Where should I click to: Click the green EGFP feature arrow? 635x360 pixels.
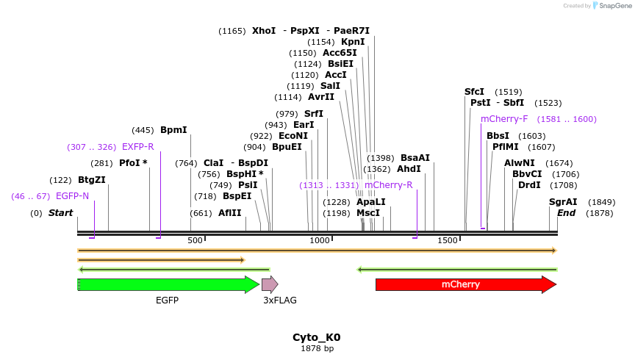click(x=168, y=284)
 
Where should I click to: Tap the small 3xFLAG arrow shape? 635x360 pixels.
click(x=270, y=284)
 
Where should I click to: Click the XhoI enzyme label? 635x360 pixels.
click(x=264, y=31)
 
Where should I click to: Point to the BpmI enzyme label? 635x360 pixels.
click(x=173, y=130)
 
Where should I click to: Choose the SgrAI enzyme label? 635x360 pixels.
click(x=563, y=202)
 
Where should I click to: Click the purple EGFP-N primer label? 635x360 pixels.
click(x=72, y=196)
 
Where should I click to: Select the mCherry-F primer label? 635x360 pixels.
click(x=504, y=119)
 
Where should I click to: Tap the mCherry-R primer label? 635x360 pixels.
click(x=388, y=185)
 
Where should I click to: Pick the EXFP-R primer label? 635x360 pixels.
click(x=138, y=147)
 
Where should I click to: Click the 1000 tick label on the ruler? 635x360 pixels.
click(x=320, y=240)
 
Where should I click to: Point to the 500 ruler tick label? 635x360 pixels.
click(x=195, y=240)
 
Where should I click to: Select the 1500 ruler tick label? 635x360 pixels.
click(x=447, y=240)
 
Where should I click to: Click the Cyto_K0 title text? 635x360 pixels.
click(x=317, y=337)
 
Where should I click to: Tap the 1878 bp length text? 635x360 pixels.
click(x=317, y=348)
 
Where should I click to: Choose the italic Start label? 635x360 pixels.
click(x=61, y=213)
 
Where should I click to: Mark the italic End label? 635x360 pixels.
click(x=566, y=213)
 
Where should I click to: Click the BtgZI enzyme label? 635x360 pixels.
click(x=92, y=180)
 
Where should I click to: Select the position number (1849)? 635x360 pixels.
click(x=602, y=202)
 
